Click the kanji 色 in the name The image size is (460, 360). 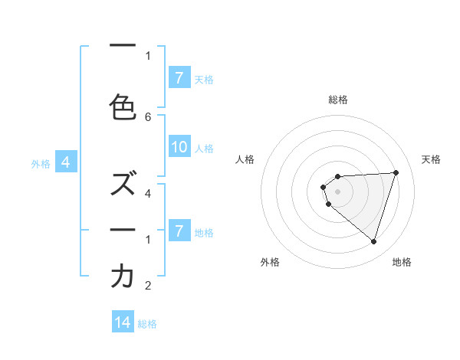pos(123,107)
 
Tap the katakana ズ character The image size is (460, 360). pos(123,183)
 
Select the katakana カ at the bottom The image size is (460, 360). pos(123,277)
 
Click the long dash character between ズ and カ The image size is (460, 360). pos(123,229)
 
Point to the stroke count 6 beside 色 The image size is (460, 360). pos(148,116)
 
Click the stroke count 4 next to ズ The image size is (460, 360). pos(148,193)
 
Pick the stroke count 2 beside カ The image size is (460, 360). pos(148,286)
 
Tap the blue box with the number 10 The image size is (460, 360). pos(179,148)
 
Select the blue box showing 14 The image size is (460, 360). pos(123,323)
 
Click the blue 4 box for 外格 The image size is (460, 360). pos(66,162)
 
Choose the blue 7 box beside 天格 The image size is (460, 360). pos(179,78)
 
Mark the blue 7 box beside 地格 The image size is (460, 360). pos(179,231)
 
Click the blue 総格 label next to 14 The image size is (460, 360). pos(147,324)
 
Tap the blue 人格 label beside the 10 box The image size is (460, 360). pos(204,149)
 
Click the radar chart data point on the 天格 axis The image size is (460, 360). pos(396,172)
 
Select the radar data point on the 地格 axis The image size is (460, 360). pos(373,242)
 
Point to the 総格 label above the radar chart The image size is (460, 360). pos(337,100)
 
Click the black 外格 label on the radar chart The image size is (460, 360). pos(270,262)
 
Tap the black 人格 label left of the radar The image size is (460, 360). pos(245,159)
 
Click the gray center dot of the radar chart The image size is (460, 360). pos(337,191)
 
